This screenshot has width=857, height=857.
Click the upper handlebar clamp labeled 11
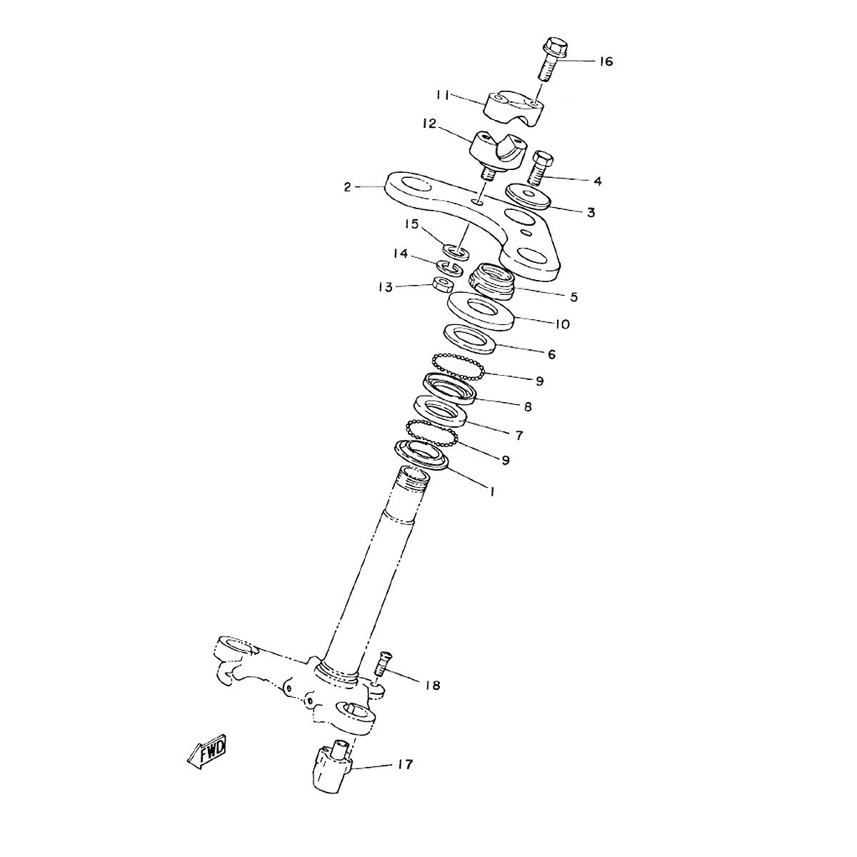(514, 108)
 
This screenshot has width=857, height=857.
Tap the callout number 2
(347, 187)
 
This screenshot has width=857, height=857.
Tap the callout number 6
(551, 354)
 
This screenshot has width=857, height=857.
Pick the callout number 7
(519, 435)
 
